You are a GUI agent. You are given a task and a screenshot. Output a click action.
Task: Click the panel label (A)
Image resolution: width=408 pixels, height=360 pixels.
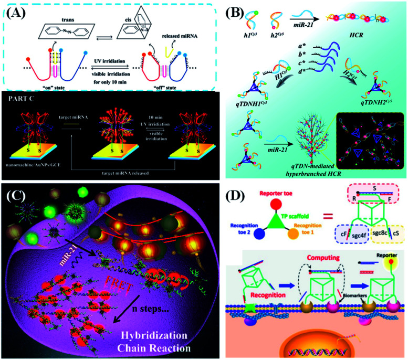coord(19,12)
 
